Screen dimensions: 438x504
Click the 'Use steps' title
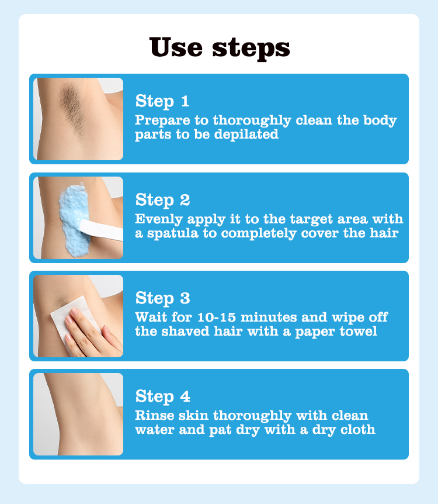pos(220,48)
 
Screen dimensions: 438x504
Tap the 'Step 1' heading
pos(162,101)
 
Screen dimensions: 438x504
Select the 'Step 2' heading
pos(162,200)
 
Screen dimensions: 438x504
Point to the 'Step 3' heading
pos(162,298)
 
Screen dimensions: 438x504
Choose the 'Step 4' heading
pos(162,396)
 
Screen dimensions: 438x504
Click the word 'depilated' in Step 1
pos(246,134)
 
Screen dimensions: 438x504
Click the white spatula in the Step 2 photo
pos(101,230)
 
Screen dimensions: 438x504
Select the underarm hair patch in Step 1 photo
pos(72,105)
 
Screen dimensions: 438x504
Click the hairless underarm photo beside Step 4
pos(78,414)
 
